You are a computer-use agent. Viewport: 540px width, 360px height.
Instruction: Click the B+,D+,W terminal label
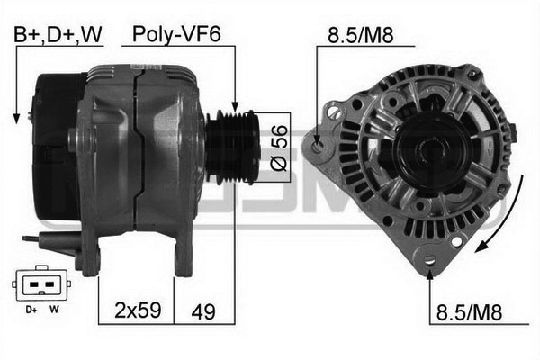pos(58,34)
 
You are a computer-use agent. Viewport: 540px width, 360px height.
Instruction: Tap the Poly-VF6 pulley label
pos(176,34)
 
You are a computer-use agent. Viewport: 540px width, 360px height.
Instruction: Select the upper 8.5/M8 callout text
pos(361,35)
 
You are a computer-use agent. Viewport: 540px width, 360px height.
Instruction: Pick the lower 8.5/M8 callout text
pos(469,313)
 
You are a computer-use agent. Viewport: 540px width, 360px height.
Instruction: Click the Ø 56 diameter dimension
pos(279,148)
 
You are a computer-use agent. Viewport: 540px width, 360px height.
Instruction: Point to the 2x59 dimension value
pos(138,310)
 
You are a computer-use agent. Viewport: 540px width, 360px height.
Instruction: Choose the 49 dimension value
pos(203,312)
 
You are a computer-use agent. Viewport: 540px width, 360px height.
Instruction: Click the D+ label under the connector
pos(31,310)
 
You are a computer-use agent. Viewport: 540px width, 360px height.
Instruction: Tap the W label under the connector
pos(54,309)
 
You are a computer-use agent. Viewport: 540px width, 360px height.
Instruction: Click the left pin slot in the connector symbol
pos(34,284)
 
